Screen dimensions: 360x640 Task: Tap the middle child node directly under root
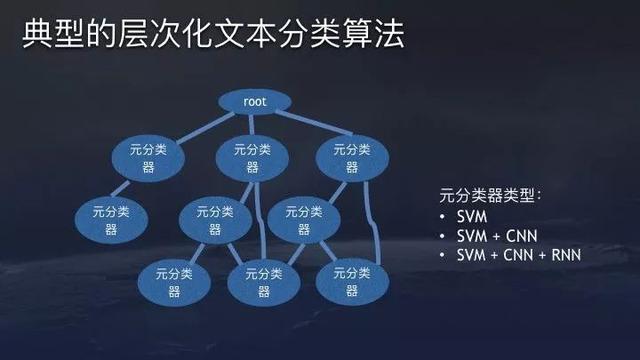[x=253, y=157]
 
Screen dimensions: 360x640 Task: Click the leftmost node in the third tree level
[x=111, y=219]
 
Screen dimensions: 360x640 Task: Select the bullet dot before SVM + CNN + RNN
[x=444, y=256]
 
